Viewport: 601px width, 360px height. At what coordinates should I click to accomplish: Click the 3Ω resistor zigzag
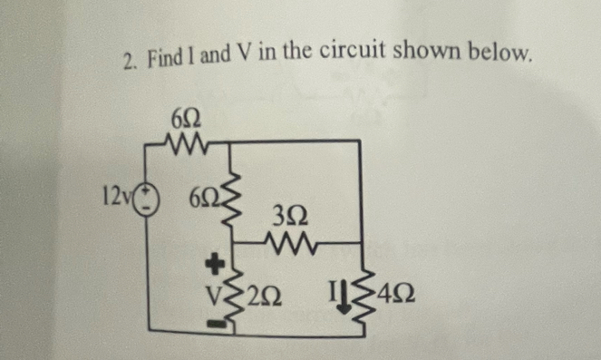pos(290,243)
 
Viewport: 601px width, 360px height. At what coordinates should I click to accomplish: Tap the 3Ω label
pos(290,218)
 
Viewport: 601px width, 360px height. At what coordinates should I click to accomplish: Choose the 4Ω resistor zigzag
pos(365,294)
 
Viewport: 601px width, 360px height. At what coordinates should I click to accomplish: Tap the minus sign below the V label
pos(215,321)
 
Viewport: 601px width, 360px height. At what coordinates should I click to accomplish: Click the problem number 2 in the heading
pos(130,62)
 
